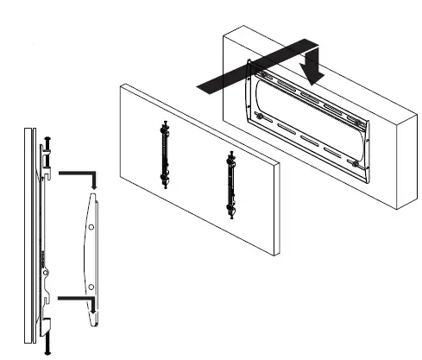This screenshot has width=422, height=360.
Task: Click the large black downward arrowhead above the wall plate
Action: tap(312, 73)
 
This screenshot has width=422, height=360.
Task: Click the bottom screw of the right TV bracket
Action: tap(230, 216)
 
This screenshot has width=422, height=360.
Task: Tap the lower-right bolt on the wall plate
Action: tap(356, 164)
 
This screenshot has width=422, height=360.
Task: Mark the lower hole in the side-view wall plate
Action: tap(90, 286)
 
